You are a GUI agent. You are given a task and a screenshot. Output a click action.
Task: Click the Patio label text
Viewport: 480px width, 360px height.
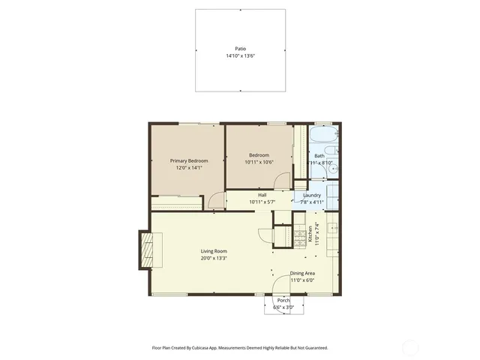click(240, 49)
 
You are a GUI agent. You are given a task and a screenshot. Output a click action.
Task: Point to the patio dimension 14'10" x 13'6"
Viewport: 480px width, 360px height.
click(240, 56)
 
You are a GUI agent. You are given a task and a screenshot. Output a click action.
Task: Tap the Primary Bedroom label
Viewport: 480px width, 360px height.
click(188, 160)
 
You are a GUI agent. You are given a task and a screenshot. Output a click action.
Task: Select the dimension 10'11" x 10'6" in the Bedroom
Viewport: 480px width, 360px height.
click(259, 162)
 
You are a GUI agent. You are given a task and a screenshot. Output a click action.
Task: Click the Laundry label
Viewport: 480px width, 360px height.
click(311, 195)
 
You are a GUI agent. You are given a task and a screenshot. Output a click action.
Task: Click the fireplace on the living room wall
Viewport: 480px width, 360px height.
click(147, 249)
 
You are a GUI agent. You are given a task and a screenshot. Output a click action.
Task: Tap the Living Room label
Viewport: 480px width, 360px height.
click(214, 251)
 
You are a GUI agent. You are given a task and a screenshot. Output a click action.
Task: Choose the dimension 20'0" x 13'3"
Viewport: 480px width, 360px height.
click(214, 259)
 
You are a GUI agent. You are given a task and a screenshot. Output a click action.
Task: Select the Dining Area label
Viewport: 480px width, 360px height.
click(302, 274)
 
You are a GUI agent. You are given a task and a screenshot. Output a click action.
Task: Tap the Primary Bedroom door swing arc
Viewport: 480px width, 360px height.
click(215, 200)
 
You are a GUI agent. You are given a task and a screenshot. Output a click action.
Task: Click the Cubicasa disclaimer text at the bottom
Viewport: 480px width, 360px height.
click(239, 348)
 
